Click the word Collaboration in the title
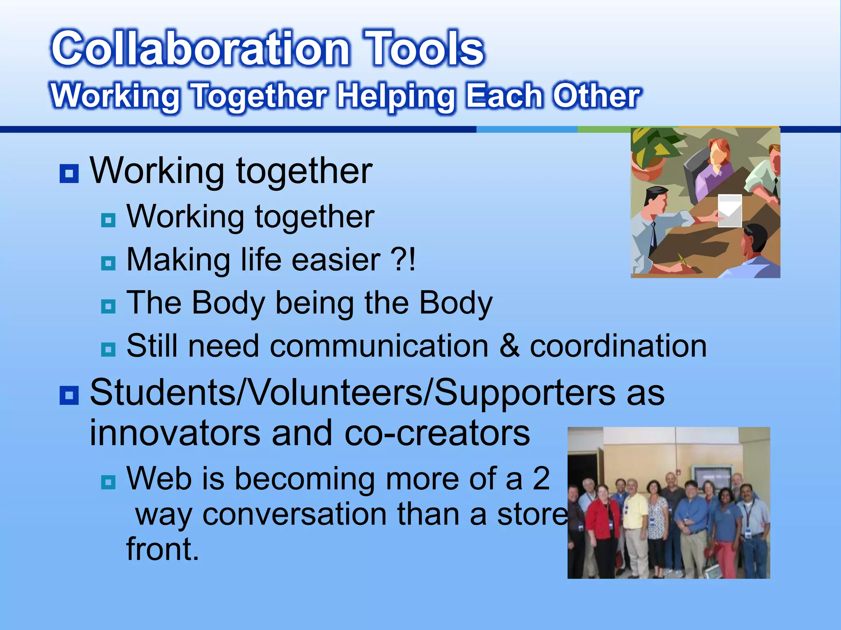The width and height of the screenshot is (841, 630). point(200,48)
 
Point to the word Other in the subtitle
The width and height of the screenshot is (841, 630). point(596,96)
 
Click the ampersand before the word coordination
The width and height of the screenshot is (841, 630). point(509,346)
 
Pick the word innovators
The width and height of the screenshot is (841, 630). point(175,433)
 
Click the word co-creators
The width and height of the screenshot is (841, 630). point(437,433)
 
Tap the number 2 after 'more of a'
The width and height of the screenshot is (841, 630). point(541,478)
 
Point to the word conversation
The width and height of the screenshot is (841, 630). point(294,514)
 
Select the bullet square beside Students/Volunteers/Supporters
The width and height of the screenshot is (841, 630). point(69,395)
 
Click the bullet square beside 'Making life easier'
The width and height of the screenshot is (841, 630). point(108,263)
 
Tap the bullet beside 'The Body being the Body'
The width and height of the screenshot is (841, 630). point(108,306)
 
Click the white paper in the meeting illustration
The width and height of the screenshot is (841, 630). point(729,210)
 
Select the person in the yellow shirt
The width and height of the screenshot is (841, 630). point(634,521)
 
